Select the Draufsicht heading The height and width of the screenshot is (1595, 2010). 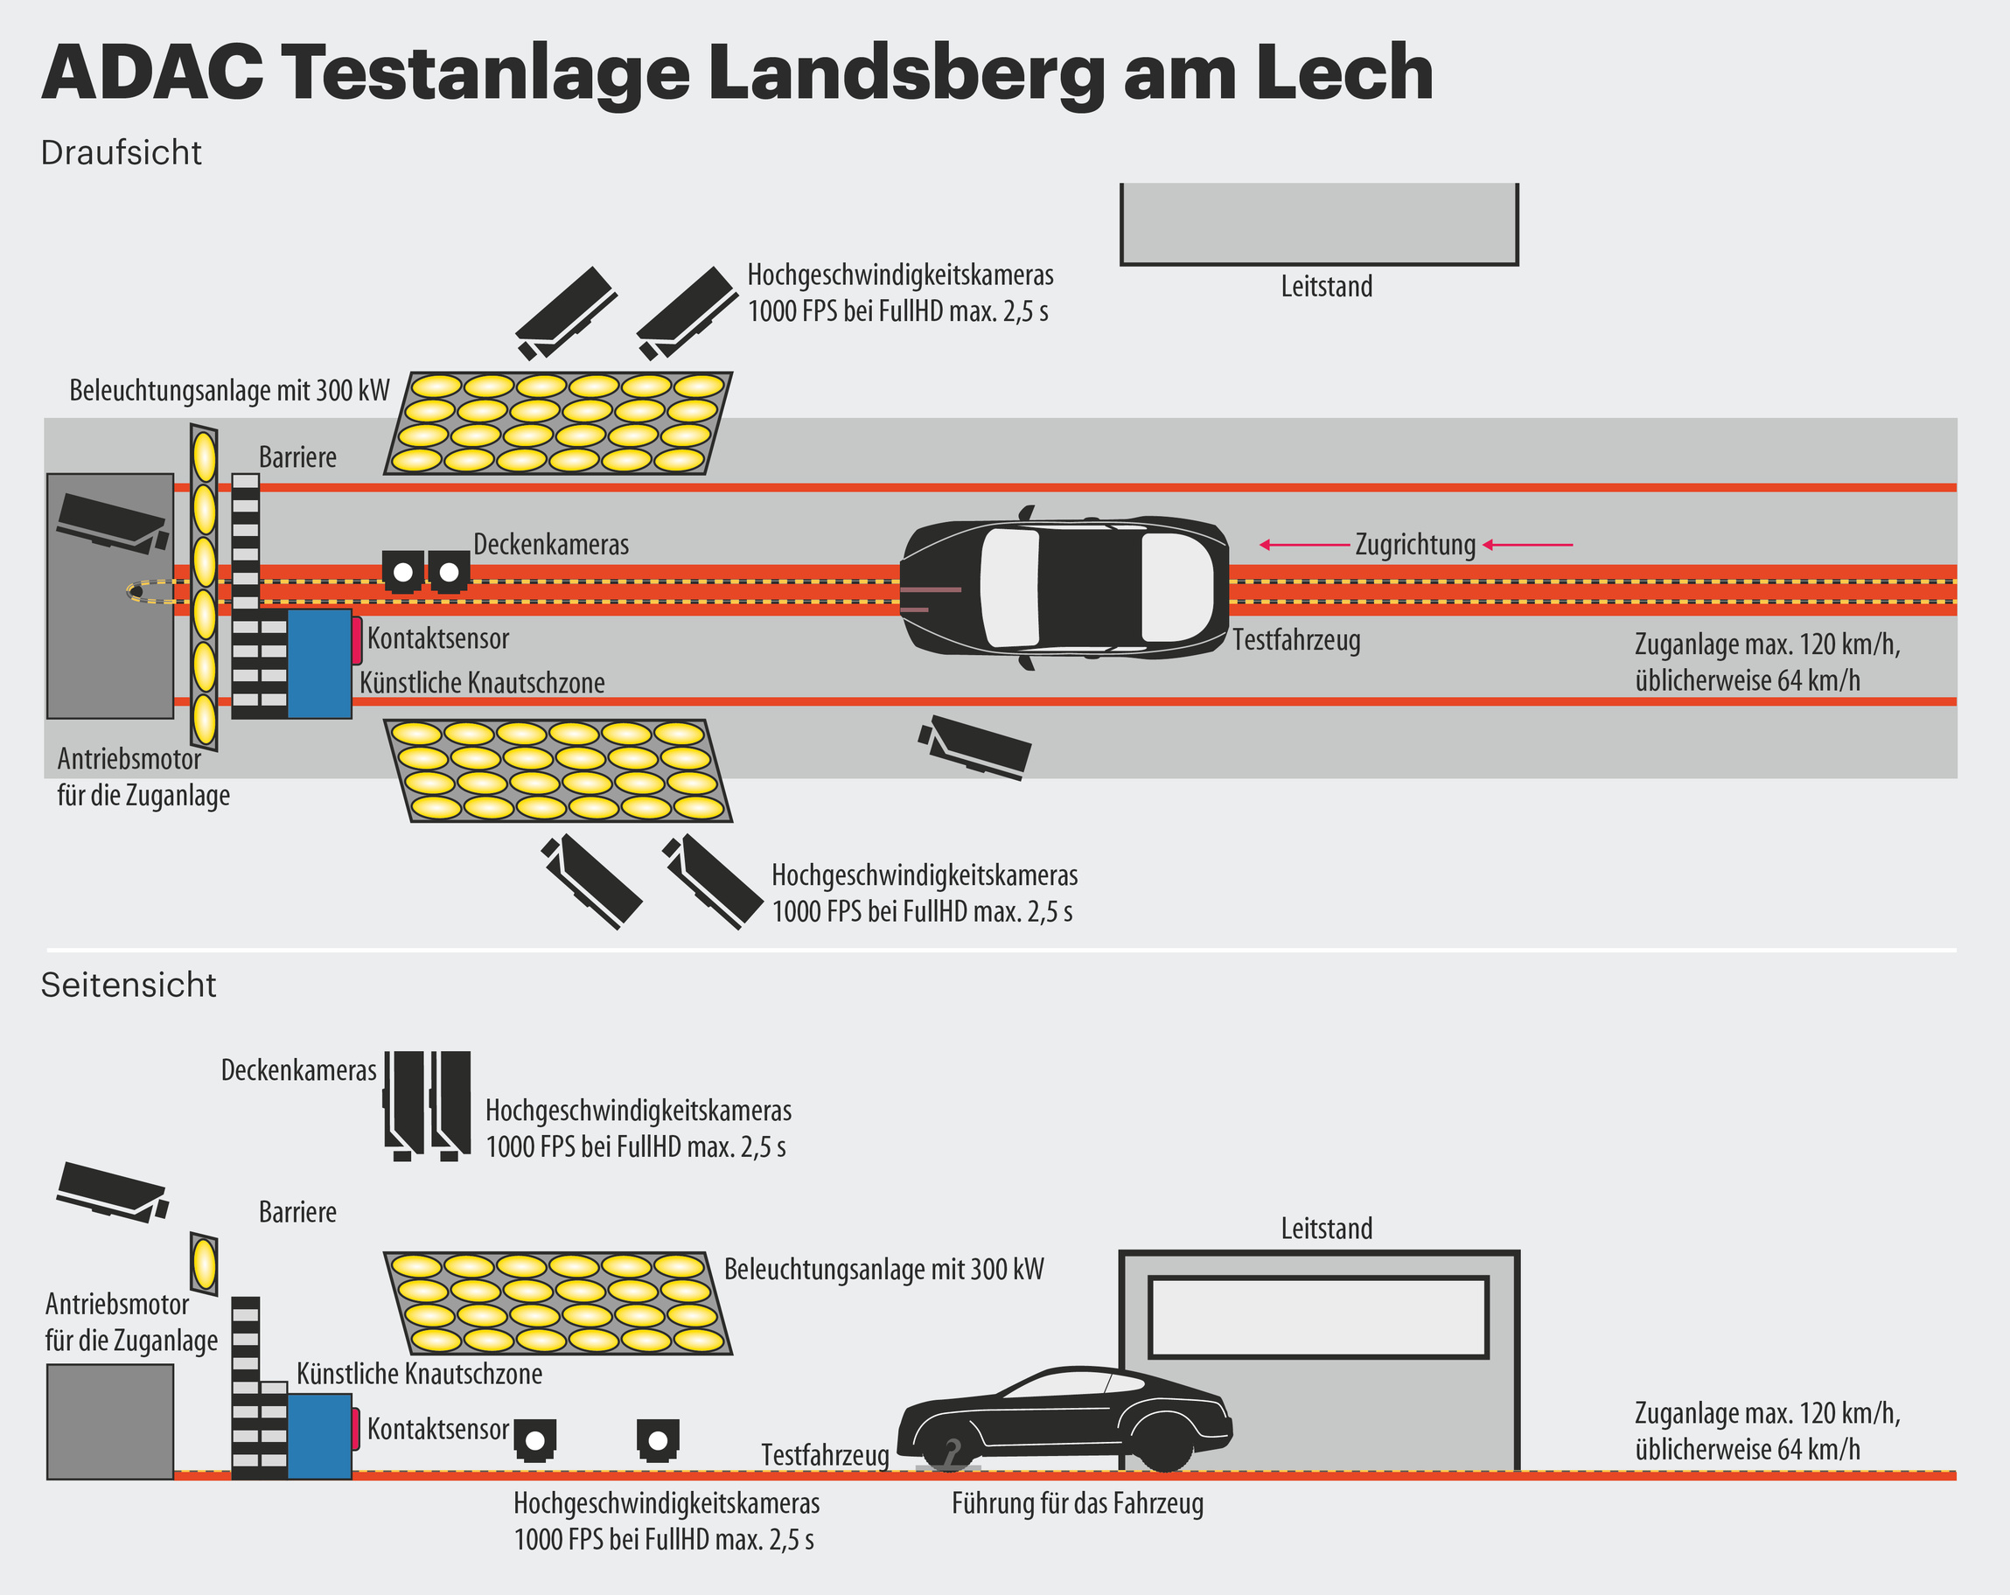122,153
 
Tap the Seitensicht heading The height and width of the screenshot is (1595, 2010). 129,986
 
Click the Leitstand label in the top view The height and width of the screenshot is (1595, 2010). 1326,286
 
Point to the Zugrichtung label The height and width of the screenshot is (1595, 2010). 1415,545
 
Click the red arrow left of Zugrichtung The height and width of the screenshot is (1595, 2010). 1304,545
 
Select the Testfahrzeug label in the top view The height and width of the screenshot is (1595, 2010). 1296,640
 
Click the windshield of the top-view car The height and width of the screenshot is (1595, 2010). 1008,588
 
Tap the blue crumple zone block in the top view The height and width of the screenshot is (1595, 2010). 319,663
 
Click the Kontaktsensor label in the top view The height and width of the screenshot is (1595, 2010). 438,639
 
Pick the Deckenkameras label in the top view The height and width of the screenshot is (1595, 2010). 551,545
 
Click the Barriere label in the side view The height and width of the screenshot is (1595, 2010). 297,1212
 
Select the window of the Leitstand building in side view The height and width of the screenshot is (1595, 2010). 1318,1317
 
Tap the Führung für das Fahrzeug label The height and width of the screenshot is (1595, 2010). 1078,1504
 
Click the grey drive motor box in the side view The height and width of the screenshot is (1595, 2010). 110,1422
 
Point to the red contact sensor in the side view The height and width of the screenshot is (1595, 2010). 355,1429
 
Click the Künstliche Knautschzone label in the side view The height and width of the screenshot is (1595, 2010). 420,1374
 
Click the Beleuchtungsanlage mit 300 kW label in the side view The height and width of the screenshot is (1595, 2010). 883,1270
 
